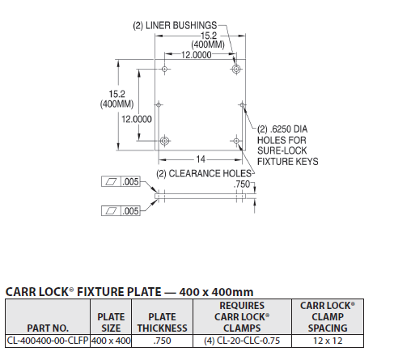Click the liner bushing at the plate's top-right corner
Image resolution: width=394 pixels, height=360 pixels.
tap(236, 70)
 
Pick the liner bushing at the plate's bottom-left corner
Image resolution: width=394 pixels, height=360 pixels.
tap(165, 142)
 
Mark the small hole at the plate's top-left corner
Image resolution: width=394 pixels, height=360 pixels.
tap(165, 70)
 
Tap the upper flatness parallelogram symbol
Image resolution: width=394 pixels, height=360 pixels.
tap(111, 183)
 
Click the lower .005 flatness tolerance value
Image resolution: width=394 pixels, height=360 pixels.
tap(131, 210)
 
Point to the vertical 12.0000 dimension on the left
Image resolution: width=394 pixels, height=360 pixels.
tap(136, 118)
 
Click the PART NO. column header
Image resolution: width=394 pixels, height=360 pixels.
tap(46, 328)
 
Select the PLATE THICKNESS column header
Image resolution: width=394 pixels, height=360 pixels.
tap(162, 322)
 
